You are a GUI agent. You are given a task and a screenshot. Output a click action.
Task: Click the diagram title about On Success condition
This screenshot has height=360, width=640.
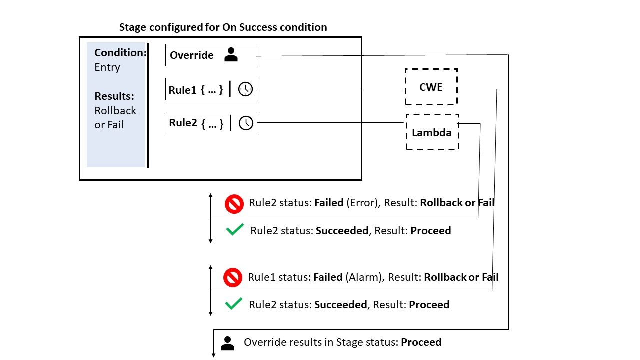point(223,27)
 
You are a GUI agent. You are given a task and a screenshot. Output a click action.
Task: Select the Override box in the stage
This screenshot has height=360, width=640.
point(210,55)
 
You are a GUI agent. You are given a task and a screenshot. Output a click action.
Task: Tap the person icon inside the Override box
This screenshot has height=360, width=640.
point(231,55)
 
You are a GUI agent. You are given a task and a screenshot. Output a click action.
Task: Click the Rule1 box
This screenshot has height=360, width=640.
point(211,89)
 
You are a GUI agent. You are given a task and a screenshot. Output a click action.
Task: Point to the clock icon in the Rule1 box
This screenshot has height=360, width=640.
point(245,89)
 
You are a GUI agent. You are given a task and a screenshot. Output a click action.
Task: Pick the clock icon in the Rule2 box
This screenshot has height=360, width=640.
point(246,123)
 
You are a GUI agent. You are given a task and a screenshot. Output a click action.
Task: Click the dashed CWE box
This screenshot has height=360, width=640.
point(431,87)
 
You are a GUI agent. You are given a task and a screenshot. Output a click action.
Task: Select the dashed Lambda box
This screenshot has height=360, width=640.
point(432,132)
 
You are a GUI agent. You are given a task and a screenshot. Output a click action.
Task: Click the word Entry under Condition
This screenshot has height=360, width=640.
point(107,67)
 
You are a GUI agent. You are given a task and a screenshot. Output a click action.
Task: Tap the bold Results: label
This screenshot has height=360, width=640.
point(114,96)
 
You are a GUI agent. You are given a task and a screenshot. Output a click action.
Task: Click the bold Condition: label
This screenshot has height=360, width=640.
point(120,53)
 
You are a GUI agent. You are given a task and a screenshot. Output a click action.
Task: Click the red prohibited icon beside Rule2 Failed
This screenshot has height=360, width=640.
point(233,204)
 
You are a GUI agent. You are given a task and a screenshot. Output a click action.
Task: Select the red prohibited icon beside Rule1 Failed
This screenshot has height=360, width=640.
point(232,277)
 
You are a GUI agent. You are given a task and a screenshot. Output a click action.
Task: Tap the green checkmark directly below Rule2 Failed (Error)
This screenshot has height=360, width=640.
point(234,230)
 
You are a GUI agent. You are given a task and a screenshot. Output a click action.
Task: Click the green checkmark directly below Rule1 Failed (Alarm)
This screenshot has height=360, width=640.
point(233,304)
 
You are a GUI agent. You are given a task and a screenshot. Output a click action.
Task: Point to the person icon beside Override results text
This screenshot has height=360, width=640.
point(227,343)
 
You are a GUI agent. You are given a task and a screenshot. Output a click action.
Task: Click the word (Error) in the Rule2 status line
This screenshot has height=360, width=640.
point(364,203)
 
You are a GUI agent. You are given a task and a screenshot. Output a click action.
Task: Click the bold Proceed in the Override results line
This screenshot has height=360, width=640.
point(421,342)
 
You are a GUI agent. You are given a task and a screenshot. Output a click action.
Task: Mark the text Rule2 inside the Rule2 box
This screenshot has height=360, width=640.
point(183,123)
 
